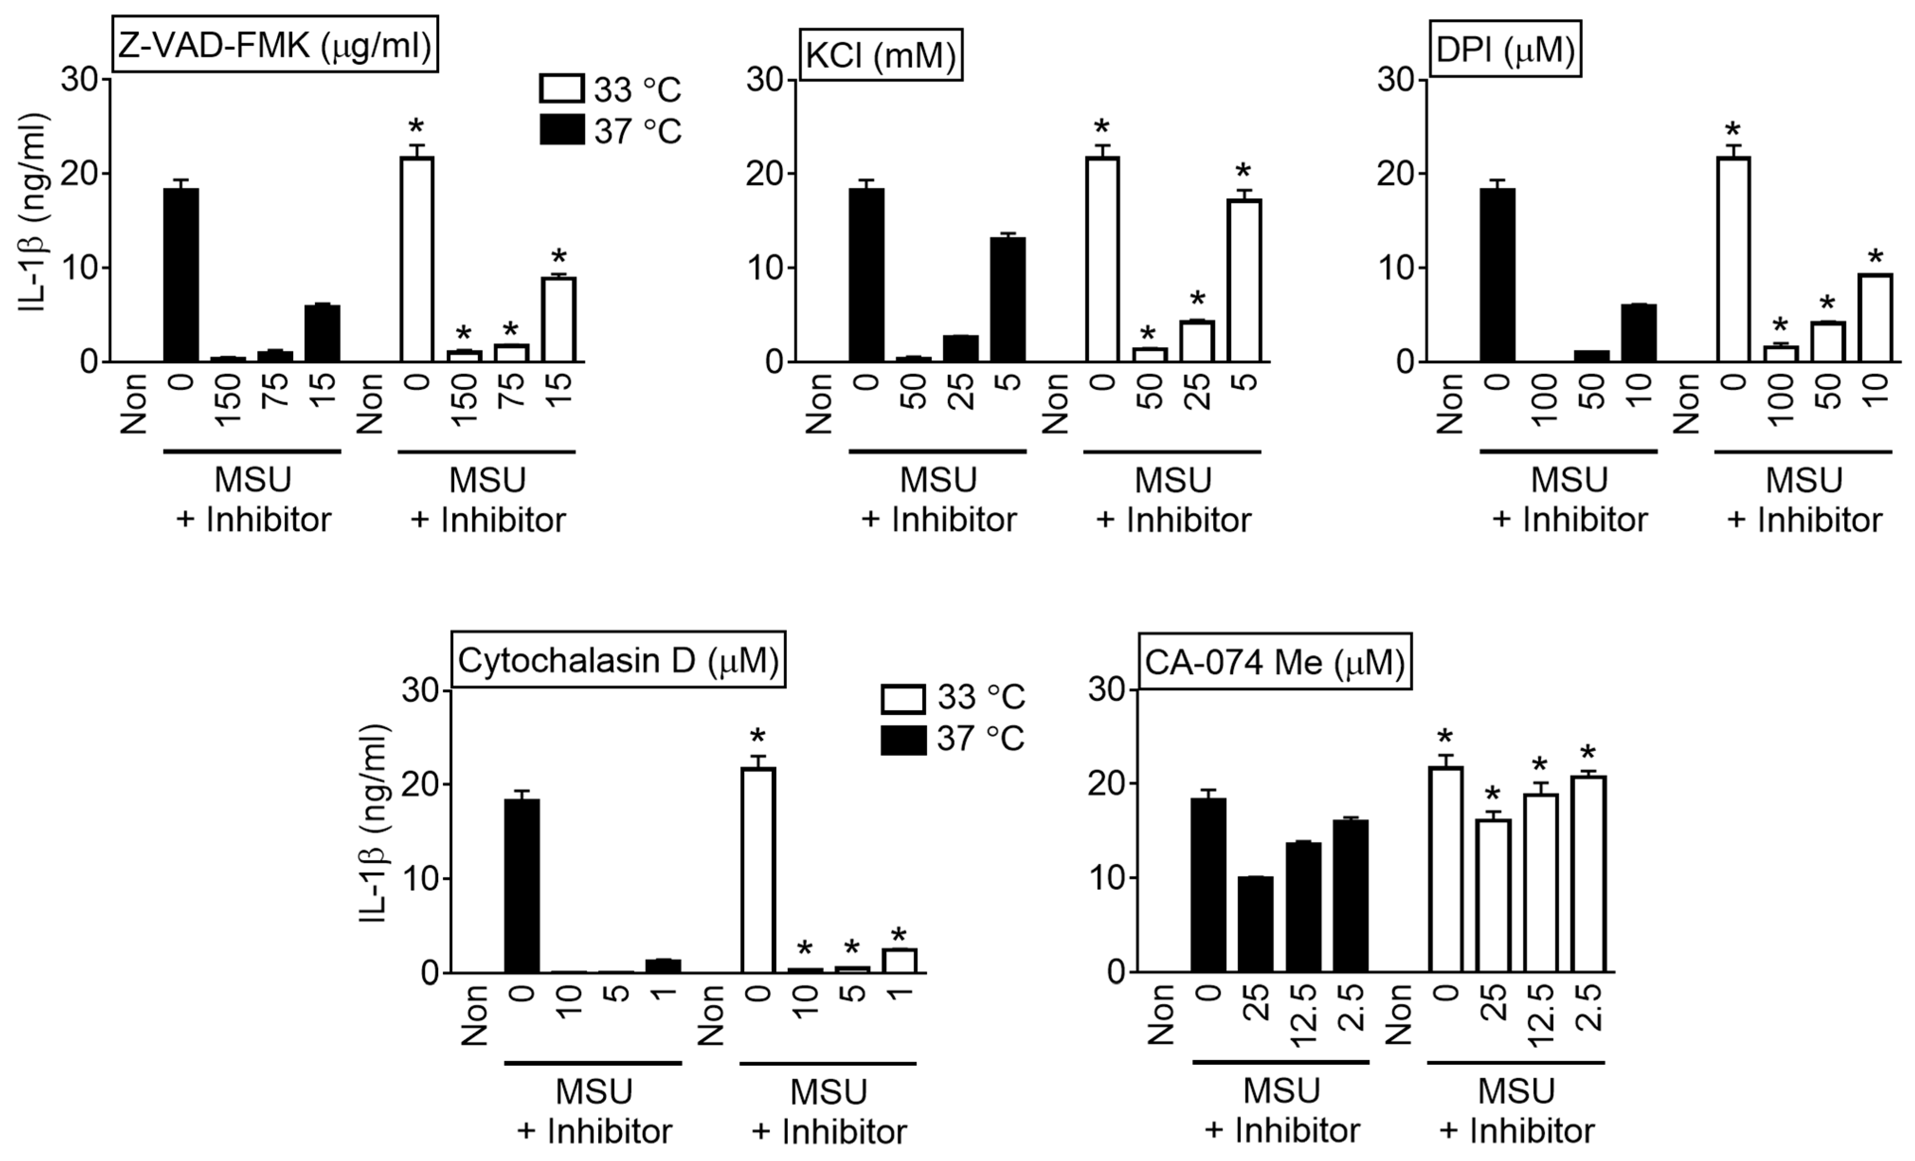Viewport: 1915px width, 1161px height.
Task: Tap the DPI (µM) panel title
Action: pyautogui.click(x=1505, y=49)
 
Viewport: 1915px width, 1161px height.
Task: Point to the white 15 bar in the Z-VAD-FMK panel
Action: pyautogui.click(x=558, y=319)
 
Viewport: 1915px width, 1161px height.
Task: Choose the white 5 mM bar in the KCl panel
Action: pyautogui.click(x=1243, y=280)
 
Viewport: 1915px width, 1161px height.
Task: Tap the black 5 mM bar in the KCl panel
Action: pyautogui.click(x=1007, y=300)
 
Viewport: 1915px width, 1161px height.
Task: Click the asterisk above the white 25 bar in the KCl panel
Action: pyautogui.click(x=1197, y=300)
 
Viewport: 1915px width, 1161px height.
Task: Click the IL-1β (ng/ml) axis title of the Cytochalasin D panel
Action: pyautogui.click(x=374, y=824)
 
